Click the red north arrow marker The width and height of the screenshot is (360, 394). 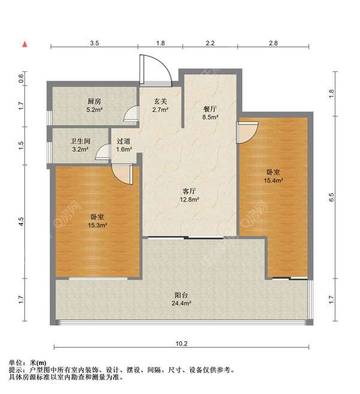click(25, 44)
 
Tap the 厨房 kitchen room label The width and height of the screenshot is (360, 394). click(94, 101)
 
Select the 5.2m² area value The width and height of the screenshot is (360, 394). click(94, 110)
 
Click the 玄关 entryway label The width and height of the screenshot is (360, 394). click(160, 101)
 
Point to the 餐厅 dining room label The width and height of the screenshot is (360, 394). click(210, 109)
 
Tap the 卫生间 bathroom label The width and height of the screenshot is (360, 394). click(80, 141)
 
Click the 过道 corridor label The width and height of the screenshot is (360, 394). click(124, 141)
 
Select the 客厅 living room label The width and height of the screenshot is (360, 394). click(190, 191)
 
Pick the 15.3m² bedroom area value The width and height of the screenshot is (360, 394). click(97, 225)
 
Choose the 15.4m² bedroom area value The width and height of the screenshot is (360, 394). click(273, 180)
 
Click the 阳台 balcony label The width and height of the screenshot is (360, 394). click(181, 295)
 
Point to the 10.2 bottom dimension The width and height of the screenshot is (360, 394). click(181, 344)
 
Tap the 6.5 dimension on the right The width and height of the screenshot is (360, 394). click(332, 197)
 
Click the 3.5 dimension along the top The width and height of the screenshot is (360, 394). click(95, 43)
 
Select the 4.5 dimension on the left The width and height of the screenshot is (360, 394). click(21, 221)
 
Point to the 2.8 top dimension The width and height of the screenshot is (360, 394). click(273, 43)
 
